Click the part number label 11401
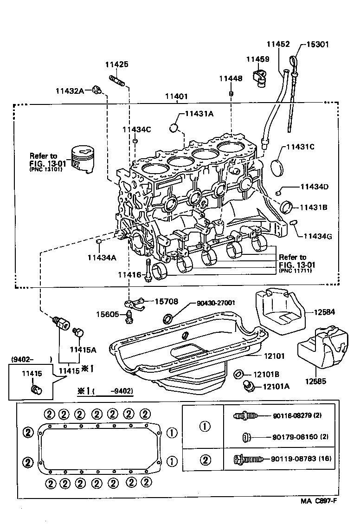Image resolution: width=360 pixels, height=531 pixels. click(176, 97)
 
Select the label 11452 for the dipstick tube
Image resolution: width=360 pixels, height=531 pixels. click(278, 45)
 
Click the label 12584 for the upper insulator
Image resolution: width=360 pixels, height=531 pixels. click(326, 312)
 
